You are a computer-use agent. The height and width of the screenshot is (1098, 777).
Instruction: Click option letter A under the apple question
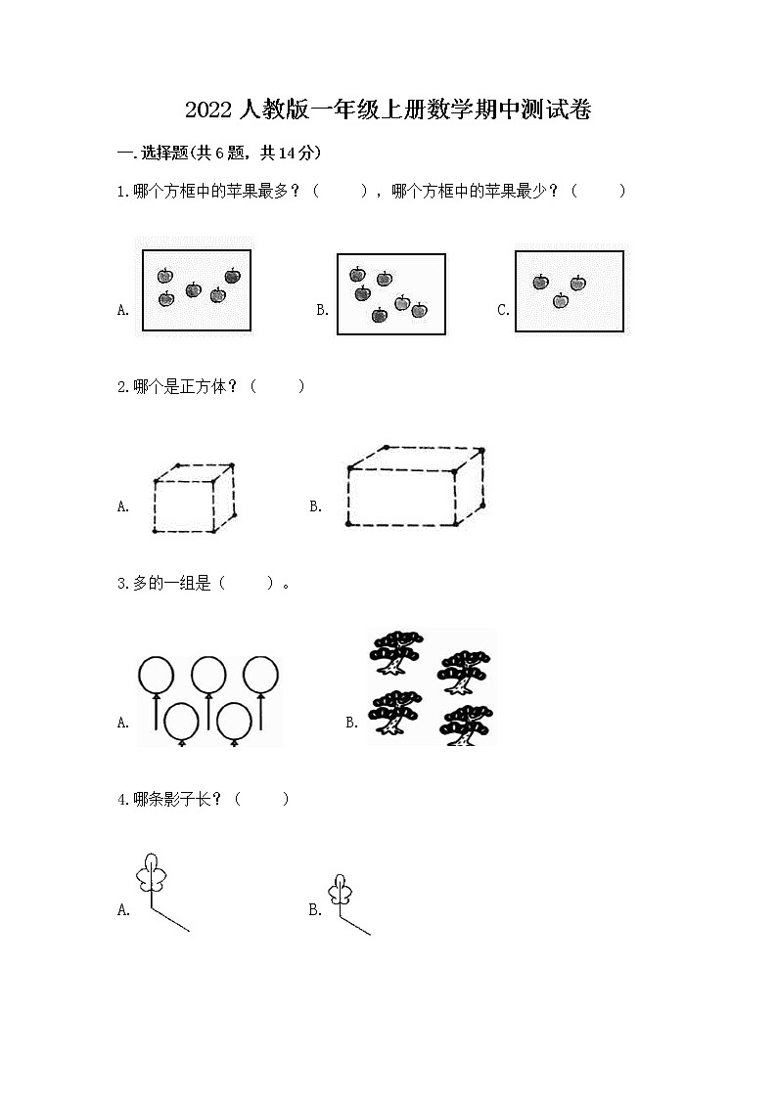123,311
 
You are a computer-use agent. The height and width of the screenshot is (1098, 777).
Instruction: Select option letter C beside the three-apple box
503,311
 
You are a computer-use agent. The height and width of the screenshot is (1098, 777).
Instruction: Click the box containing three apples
570,291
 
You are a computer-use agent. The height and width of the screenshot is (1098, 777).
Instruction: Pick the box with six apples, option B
390,293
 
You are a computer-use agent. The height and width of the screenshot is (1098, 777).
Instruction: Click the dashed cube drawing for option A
195,498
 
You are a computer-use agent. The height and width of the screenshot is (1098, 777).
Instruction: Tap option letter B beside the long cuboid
316,506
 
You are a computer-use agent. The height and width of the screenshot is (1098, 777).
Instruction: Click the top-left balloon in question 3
157,675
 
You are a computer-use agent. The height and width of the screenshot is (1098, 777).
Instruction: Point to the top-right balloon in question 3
261,675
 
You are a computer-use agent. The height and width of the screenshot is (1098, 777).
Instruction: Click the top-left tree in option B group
396,653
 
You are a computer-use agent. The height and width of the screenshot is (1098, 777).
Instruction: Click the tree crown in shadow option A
151,872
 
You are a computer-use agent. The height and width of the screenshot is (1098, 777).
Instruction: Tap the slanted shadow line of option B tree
355,926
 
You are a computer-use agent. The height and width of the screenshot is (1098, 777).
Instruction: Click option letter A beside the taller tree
123,910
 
